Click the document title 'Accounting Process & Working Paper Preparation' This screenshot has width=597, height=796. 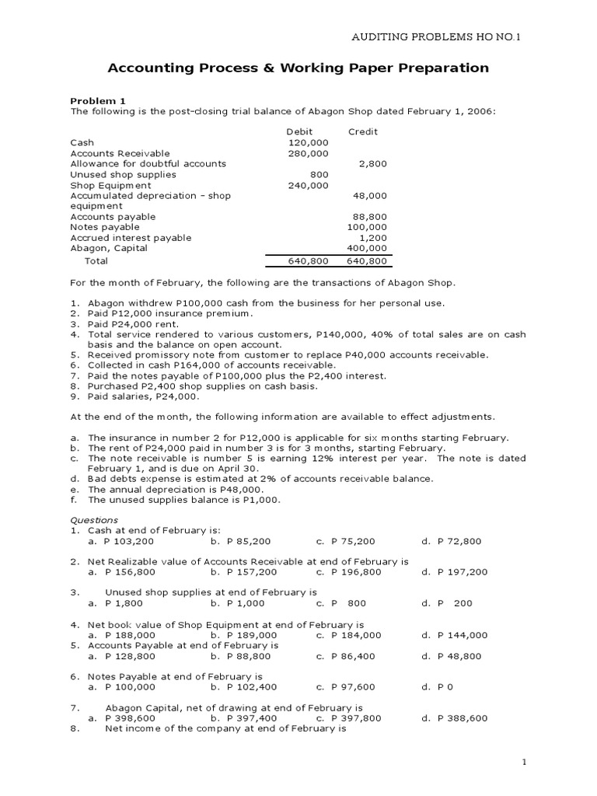[298, 68]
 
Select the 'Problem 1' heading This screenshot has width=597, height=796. [97, 101]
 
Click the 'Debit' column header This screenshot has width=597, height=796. [299, 132]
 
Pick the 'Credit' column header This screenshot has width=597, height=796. [362, 132]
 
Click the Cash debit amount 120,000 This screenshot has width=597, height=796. [309, 143]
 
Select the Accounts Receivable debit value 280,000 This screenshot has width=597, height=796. [309, 154]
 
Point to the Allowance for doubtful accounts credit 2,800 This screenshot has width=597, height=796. [372, 164]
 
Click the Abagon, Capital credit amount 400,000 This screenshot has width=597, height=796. [367, 248]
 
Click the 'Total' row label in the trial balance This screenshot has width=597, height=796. [96, 261]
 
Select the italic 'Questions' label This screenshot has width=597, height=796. [94, 520]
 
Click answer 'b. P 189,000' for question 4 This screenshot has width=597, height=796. [243, 635]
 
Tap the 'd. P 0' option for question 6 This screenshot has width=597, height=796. [437, 687]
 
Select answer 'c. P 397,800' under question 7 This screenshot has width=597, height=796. [348, 718]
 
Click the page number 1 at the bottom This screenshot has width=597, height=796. [524, 762]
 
